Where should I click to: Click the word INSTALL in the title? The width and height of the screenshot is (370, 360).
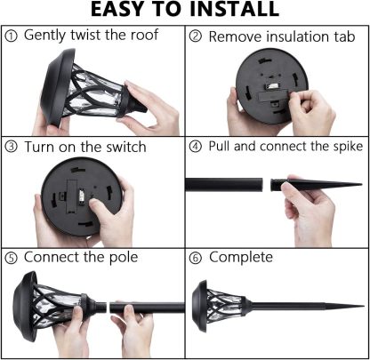(x=234, y=9)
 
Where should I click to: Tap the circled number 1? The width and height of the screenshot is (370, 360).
(x=12, y=36)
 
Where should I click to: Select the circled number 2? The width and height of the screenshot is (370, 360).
(x=196, y=36)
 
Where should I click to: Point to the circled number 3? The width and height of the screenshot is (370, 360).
(x=12, y=147)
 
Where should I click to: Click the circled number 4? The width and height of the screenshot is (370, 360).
(x=196, y=147)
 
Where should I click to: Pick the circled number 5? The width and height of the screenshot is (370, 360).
(x=12, y=258)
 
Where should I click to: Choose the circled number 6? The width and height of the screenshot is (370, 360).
(x=196, y=258)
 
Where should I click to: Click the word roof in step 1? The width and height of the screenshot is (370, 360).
(x=144, y=35)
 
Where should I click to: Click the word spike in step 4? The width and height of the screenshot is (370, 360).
(x=348, y=147)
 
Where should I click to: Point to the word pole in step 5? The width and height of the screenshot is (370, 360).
(x=124, y=258)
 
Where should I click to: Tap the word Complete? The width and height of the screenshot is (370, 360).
(x=241, y=258)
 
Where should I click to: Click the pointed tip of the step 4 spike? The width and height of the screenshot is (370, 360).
(x=361, y=184)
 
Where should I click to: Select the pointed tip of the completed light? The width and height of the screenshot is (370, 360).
(x=363, y=306)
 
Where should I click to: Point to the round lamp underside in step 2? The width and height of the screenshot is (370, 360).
(x=272, y=86)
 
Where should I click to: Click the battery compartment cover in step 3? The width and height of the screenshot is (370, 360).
(x=73, y=196)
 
